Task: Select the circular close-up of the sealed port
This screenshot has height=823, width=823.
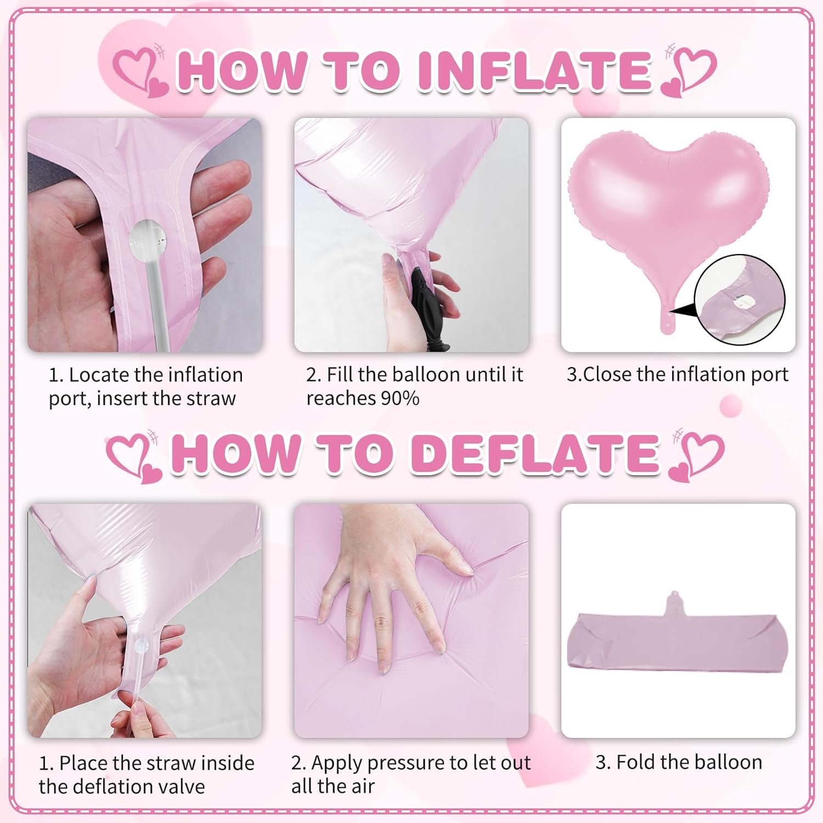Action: pos(740,300)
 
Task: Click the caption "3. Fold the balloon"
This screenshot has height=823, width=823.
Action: pos(679,762)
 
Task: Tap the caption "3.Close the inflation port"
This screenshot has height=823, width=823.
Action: pos(677,374)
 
